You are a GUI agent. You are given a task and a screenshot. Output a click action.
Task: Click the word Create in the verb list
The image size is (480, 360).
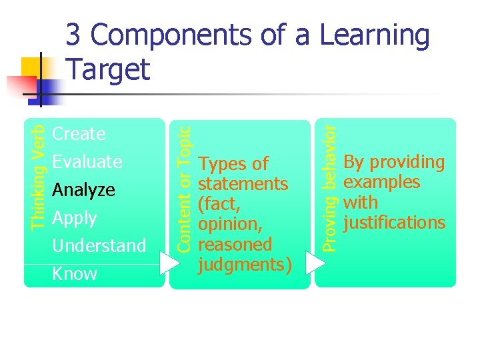point(79,134)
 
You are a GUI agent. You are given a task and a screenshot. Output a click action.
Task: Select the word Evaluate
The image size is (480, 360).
point(87,162)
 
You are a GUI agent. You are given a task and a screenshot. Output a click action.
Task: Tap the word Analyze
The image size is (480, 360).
point(83,190)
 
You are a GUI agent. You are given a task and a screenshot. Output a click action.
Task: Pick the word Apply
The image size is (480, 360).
point(74,218)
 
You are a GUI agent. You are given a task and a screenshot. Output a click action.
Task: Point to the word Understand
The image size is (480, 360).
point(99,246)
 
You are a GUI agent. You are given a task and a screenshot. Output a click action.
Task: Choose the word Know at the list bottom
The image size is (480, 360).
point(74,274)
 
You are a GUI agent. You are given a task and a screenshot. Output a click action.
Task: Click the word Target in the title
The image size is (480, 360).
point(109,69)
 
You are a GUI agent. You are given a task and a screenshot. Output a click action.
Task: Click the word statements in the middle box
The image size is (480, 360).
point(243,184)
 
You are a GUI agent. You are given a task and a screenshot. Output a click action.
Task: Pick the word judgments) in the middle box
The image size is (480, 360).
point(245,265)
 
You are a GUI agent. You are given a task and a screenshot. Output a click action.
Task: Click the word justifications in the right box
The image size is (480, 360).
point(394,223)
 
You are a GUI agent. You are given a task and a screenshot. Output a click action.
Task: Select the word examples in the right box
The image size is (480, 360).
point(381,183)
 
